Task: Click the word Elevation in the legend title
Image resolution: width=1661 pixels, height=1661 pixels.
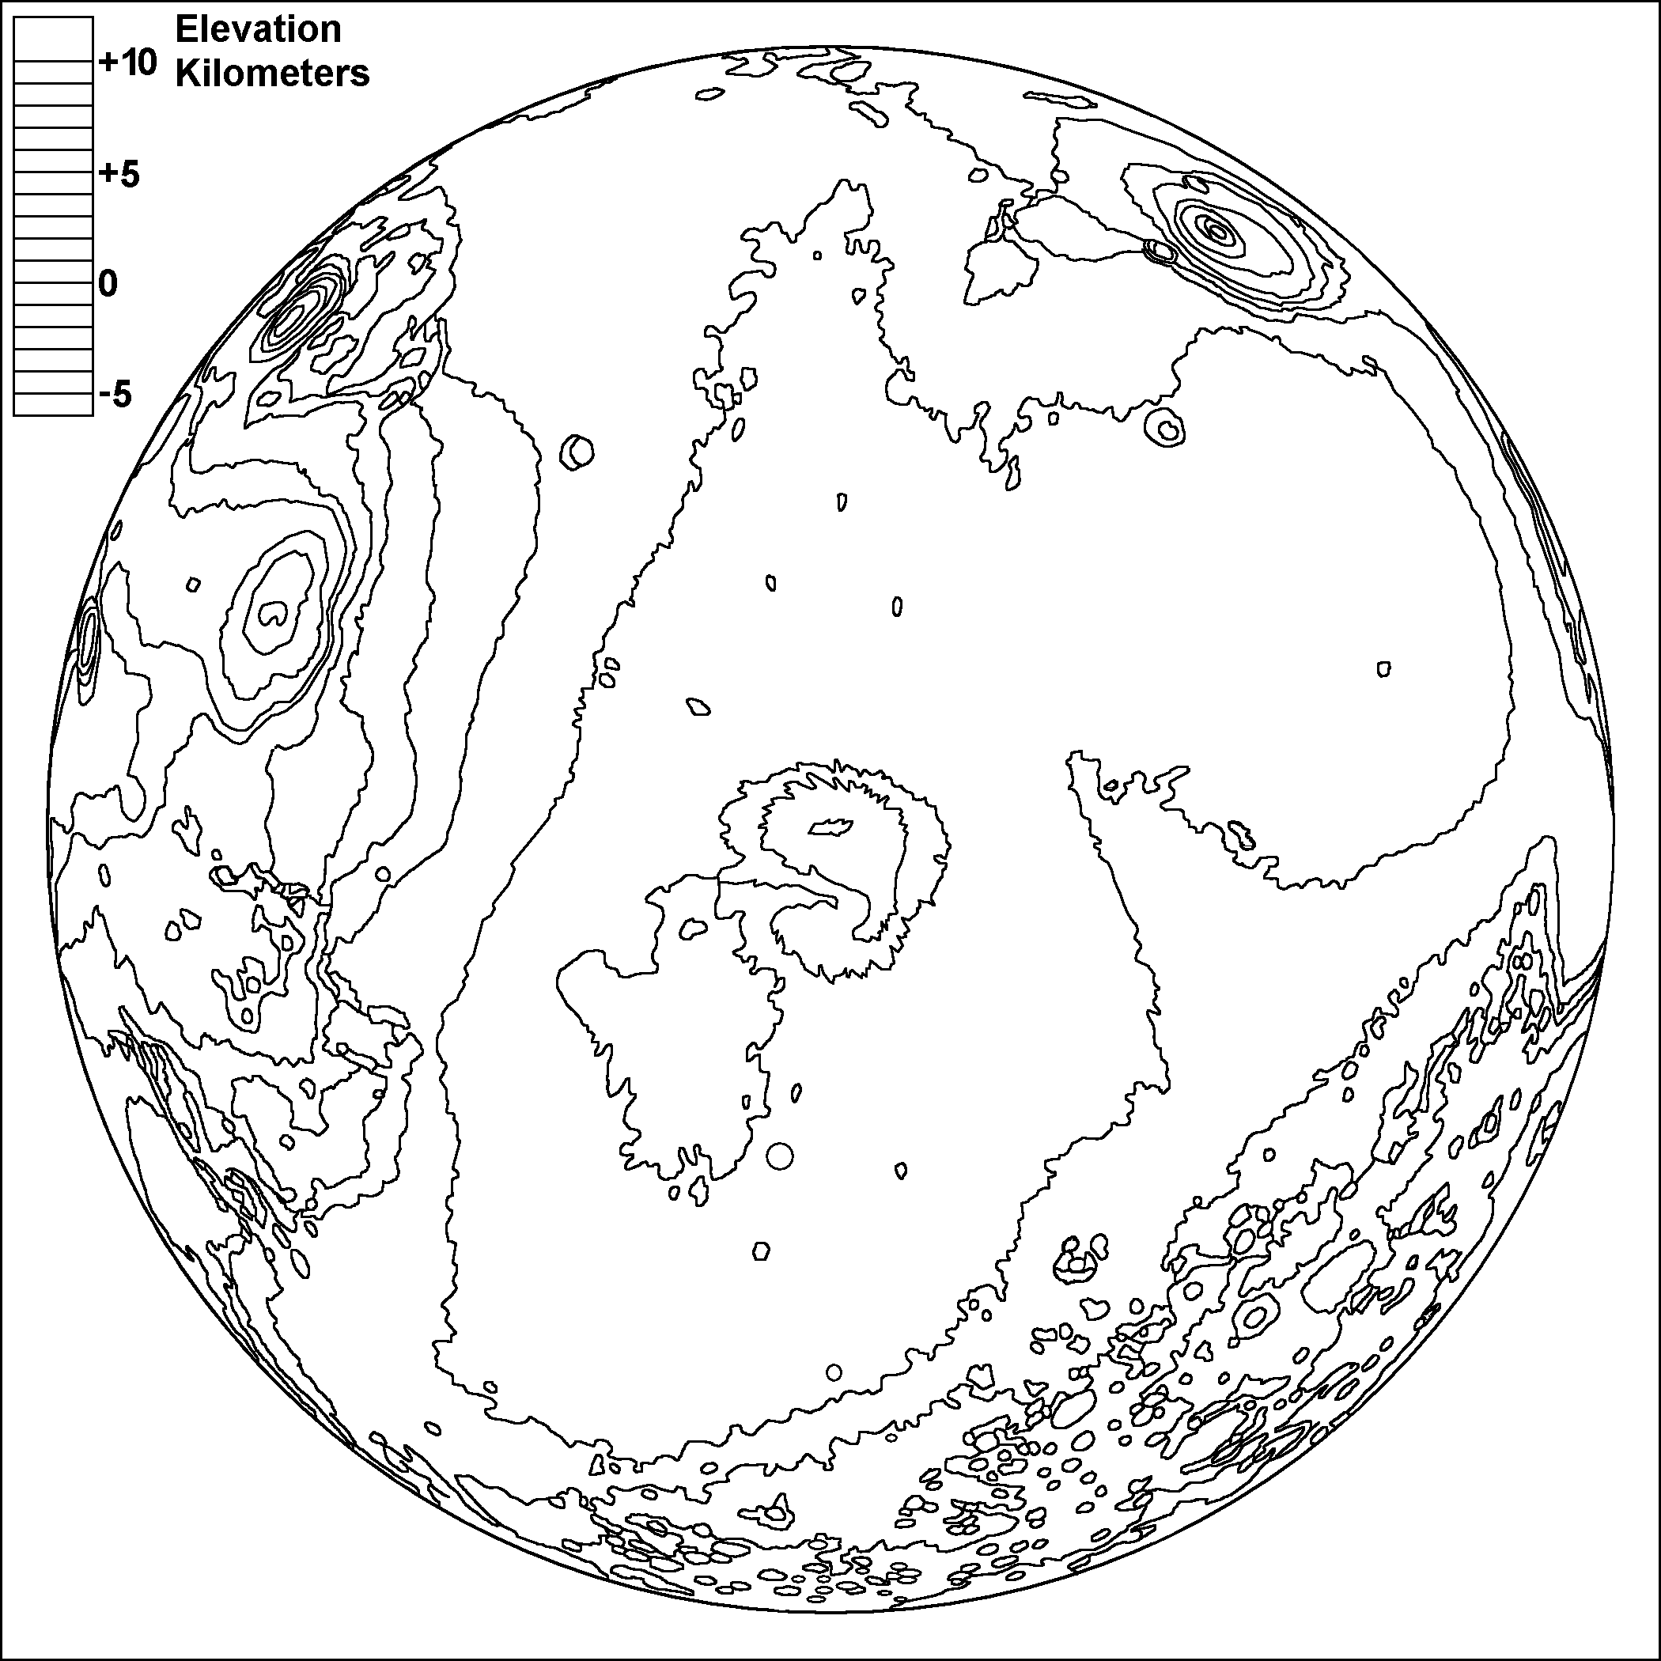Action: point(258,30)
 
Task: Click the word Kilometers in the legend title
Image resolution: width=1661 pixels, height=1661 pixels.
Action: point(273,74)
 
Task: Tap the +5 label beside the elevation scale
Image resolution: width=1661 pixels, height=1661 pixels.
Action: point(119,174)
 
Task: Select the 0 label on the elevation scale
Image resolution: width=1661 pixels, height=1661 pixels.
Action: point(108,284)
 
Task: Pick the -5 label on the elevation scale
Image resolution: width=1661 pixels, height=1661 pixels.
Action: point(116,395)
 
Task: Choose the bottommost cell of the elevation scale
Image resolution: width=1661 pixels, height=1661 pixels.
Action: point(53,404)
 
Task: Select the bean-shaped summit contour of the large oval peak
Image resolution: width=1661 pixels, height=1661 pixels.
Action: point(274,613)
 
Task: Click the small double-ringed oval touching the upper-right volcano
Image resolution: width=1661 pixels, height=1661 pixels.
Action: point(1160,250)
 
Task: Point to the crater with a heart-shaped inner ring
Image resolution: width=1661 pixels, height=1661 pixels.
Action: point(1167,427)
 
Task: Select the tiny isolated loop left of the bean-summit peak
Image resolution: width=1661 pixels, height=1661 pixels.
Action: point(194,585)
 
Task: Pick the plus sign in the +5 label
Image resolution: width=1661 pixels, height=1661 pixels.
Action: point(107,174)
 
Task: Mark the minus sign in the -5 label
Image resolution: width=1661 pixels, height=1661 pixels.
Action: point(105,395)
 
